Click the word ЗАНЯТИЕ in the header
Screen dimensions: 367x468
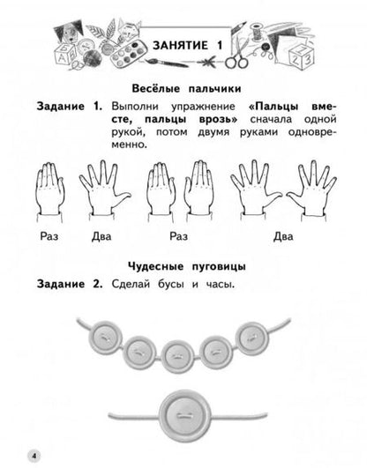[180, 45]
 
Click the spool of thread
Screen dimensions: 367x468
[256, 32]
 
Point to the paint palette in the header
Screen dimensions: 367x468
[129, 54]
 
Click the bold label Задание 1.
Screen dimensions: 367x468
[70, 107]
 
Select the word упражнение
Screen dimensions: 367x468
[203, 107]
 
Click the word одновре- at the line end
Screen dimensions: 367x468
[312, 132]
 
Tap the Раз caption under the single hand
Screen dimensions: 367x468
[49, 236]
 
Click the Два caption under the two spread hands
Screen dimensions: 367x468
[283, 236]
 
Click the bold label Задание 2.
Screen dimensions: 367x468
[70, 284]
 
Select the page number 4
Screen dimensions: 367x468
[34, 456]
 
